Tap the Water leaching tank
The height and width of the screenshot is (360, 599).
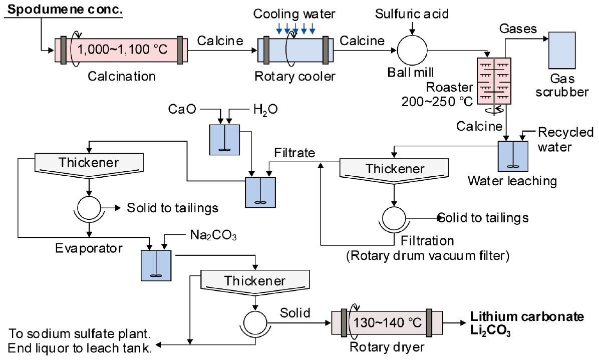tap(512, 157)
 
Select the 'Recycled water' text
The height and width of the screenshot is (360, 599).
tap(565, 139)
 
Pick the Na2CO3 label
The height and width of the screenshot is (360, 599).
tap(210, 235)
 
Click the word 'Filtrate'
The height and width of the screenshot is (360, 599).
tap(295, 153)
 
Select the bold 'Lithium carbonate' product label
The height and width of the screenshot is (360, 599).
tap(527, 316)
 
